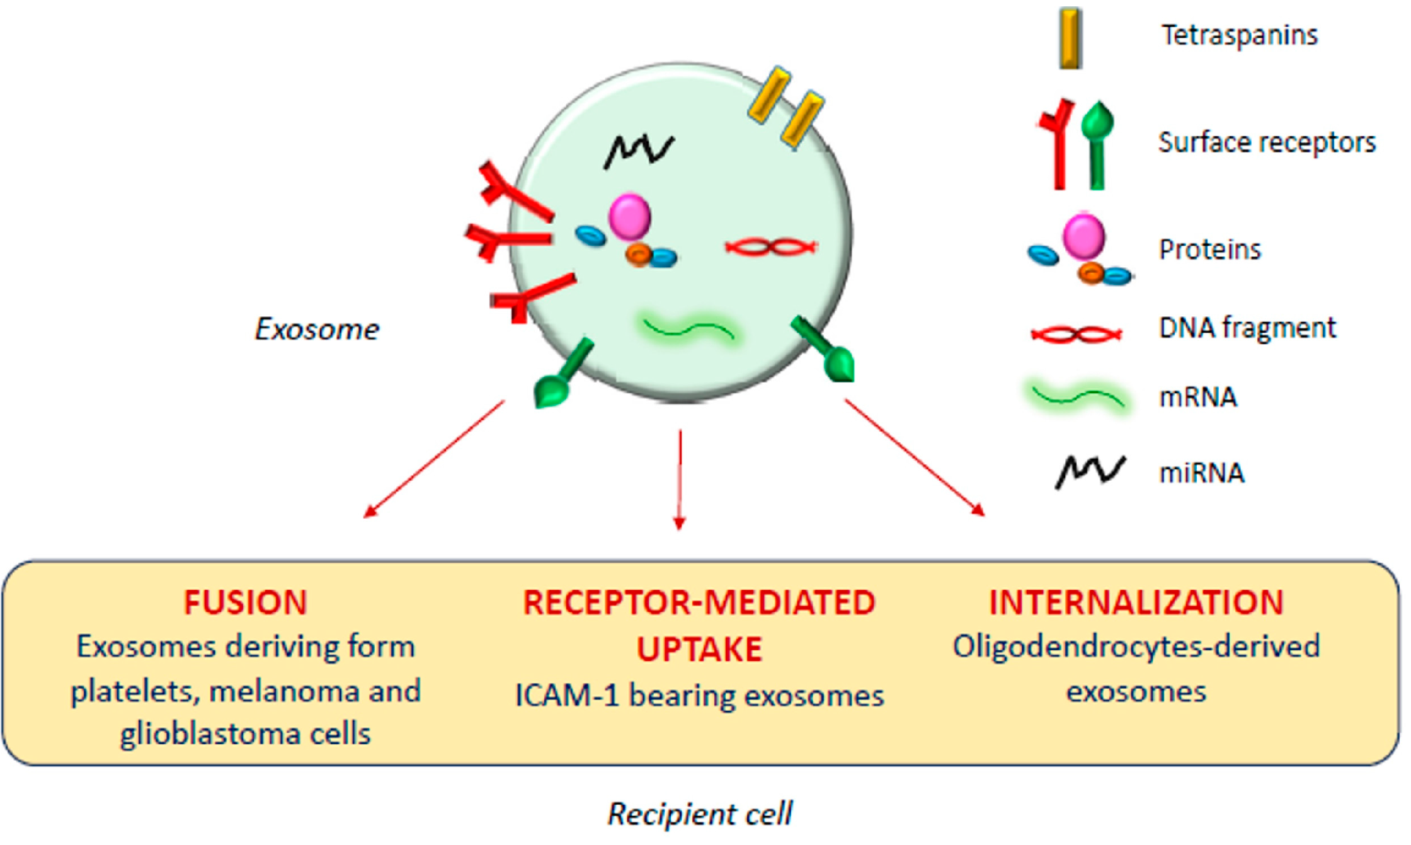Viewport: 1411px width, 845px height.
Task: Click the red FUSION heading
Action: coord(246,602)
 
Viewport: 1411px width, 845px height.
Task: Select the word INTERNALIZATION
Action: coord(1136,602)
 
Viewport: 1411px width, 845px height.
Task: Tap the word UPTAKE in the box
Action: coord(699,650)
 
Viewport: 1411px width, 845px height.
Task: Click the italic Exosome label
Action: coord(317,330)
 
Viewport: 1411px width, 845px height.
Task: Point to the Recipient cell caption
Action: coord(699,813)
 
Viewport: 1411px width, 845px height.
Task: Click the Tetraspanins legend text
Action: coord(1239,35)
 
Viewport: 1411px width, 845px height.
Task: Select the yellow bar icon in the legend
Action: coord(1070,38)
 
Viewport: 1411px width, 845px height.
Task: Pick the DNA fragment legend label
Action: coord(1247,328)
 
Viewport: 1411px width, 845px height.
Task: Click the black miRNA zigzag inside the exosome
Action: coord(638,151)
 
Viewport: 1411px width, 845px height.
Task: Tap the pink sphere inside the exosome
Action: coord(629,217)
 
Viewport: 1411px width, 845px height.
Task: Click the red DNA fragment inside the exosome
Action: coord(771,247)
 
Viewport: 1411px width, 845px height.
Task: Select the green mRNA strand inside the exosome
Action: coord(688,329)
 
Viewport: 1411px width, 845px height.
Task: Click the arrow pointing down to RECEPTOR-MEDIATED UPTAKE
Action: coord(680,479)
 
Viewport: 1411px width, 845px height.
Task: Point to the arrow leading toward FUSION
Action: coord(435,459)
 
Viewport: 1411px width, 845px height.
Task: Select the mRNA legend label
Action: coord(1198,398)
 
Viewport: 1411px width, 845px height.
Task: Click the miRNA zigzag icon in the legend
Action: coord(1089,471)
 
